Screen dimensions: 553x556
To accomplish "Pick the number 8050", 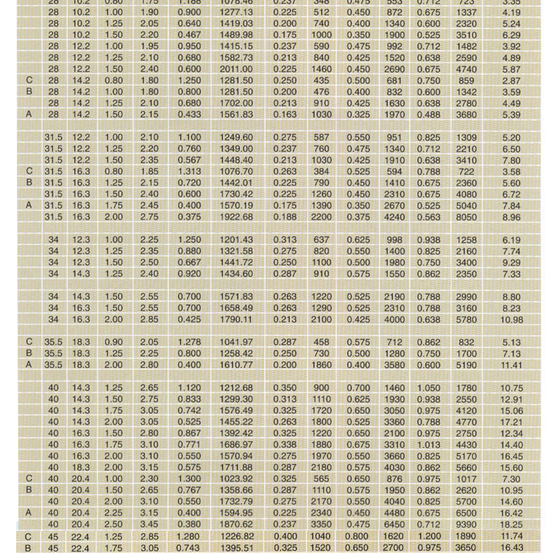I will tap(467, 216).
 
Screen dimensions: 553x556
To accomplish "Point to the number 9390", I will tap(467, 525).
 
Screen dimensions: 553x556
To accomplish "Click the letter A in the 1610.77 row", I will tap(29, 366).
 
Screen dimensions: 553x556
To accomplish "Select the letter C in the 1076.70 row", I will tap(29, 171).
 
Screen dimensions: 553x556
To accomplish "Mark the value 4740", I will tap(467, 69).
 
